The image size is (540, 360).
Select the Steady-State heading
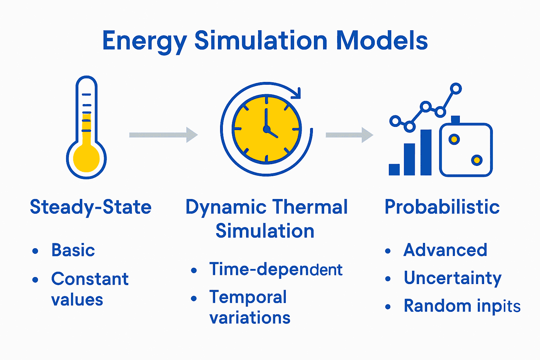point(91,207)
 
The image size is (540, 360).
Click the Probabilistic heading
point(442,207)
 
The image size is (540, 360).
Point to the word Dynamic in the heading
point(226,207)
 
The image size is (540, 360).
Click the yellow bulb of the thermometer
point(86,159)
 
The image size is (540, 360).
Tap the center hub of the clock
point(266,129)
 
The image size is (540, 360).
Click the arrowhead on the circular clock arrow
point(297,93)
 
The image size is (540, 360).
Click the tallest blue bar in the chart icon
point(426,152)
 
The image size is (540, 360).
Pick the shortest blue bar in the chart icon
point(394,169)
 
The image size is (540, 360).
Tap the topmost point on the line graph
point(456,89)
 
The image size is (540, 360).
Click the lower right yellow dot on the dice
point(477,160)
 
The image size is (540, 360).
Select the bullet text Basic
point(73,250)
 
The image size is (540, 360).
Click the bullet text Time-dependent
point(276,270)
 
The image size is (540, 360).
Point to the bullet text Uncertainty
point(452,278)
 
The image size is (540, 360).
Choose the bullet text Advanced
point(445,250)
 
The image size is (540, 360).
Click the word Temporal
point(248,297)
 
